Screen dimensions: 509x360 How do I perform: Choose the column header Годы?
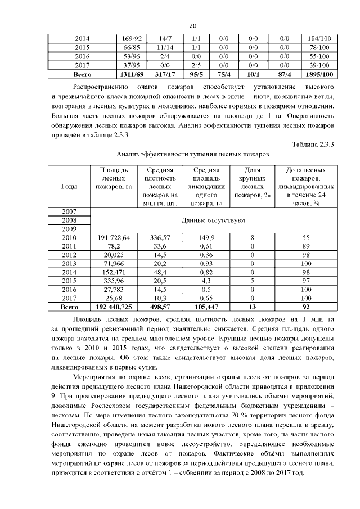pos(68,186)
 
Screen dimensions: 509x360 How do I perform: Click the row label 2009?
pos(68,229)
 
